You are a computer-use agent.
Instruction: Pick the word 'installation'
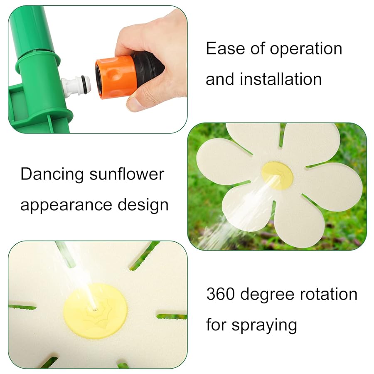tap(281, 79)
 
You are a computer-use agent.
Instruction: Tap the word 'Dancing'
tap(52, 175)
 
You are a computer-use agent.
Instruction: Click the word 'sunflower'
tap(127, 175)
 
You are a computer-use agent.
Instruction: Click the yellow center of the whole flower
tap(277, 176)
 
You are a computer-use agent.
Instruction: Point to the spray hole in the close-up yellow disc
tap(95, 309)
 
